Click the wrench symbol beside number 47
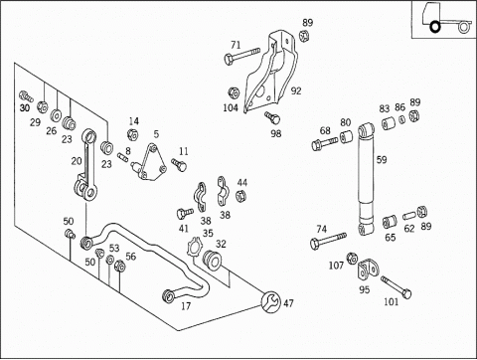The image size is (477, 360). pos(271,301)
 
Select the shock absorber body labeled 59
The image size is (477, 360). pos(366,179)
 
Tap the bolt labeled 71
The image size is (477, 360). pos(241,56)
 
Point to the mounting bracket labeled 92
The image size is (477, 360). pos(270,72)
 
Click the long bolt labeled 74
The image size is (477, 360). pos(328,241)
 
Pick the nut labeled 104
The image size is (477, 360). pos(234,92)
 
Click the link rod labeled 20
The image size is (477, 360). pos(85,165)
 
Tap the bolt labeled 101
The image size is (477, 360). pos(396,287)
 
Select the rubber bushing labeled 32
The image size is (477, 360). pos(212,260)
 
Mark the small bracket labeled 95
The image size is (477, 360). pos(368,269)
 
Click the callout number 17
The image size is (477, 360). pos(186,306)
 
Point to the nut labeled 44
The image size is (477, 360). pos(241,196)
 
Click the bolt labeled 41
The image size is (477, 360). pos(185,213)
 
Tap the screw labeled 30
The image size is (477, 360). pos(26,95)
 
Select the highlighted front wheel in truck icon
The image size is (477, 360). pos(435,27)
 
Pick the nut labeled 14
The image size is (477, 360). pos(133,134)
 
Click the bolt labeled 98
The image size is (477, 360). pos(272,117)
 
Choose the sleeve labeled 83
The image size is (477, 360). pos(388,123)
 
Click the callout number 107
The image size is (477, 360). pos(336,266)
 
